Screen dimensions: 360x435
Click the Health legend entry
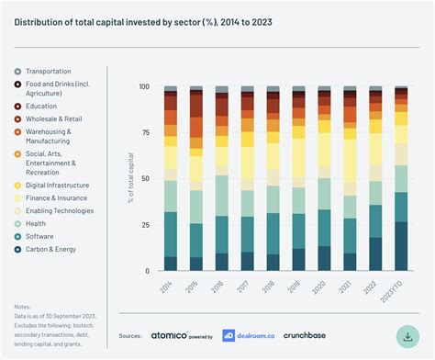point(37,223)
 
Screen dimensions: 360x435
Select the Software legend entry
point(40,236)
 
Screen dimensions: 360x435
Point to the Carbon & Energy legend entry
point(50,249)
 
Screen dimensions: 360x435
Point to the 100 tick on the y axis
point(143,87)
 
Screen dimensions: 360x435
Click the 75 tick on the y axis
point(145,133)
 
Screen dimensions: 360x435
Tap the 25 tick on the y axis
point(145,225)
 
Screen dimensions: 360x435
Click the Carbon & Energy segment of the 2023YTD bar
point(401,246)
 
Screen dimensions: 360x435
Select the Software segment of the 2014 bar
point(170,234)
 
